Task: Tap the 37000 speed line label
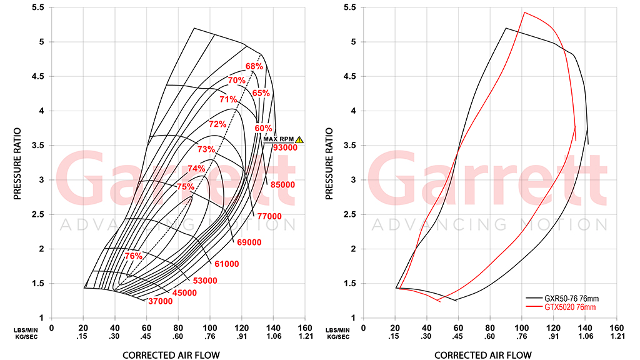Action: [x=160, y=301]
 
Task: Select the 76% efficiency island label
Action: [x=134, y=256]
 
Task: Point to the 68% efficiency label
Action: [x=254, y=66]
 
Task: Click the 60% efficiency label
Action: [x=263, y=128]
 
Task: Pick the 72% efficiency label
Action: [x=217, y=124]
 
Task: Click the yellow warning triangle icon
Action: [x=299, y=139]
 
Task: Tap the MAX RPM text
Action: [x=279, y=139]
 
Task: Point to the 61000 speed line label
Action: [x=226, y=264]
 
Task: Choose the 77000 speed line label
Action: [x=269, y=216]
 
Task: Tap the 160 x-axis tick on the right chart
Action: [x=616, y=327]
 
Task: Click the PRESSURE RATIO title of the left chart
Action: [x=18, y=164]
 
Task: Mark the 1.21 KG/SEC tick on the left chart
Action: [x=304, y=336]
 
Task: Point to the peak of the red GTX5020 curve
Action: [x=524, y=12]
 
